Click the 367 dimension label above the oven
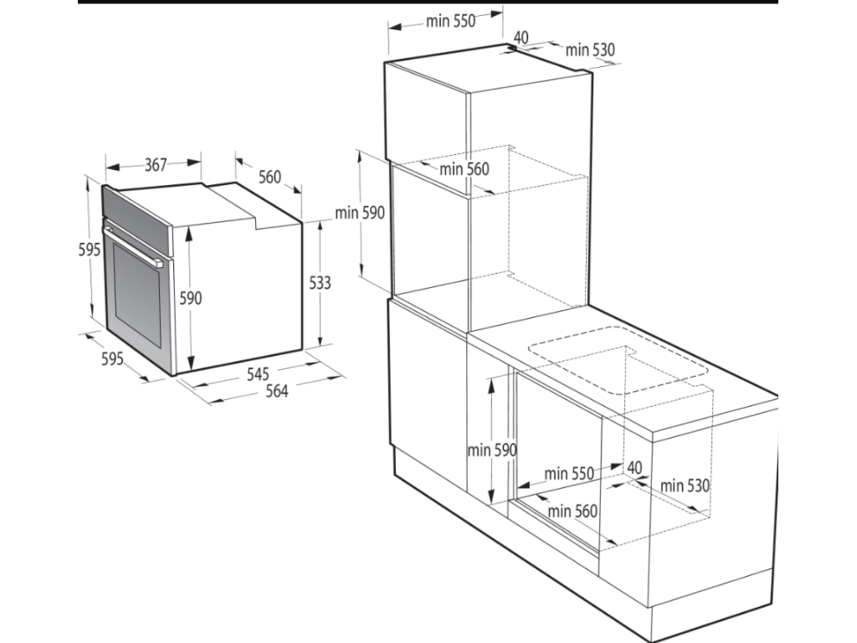pyautogui.click(x=155, y=164)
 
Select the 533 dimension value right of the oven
pyautogui.click(x=320, y=283)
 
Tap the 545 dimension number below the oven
pyautogui.click(x=258, y=374)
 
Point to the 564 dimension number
pyautogui.click(x=276, y=391)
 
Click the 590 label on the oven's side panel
pyautogui.click(x=191, y=298)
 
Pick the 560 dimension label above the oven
pyautogui.click(x=269, y=177)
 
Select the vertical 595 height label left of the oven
pyautogui.click(x=89, y=249)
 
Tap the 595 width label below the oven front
pyautogui.click(x=113, y=358)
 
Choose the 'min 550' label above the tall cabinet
pyautogui.click(x=450, y=21)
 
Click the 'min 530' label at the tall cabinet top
pyautogui.click(x=590, y=50)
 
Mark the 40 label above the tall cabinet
pyautogui.click(x=521, y=37)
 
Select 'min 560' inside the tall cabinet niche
pyautogui.click(x=464, y=169)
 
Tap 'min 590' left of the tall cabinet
pyautogui.click(x=360, y=213)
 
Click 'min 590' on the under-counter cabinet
pyautogui.click(x=492, y=450)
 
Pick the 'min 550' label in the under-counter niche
pyautogui.click(x=569, y=474)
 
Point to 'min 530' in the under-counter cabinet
pyautogui.click(x=685, y=486)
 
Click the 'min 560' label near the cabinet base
pyautogui.click(x=572, y=512)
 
